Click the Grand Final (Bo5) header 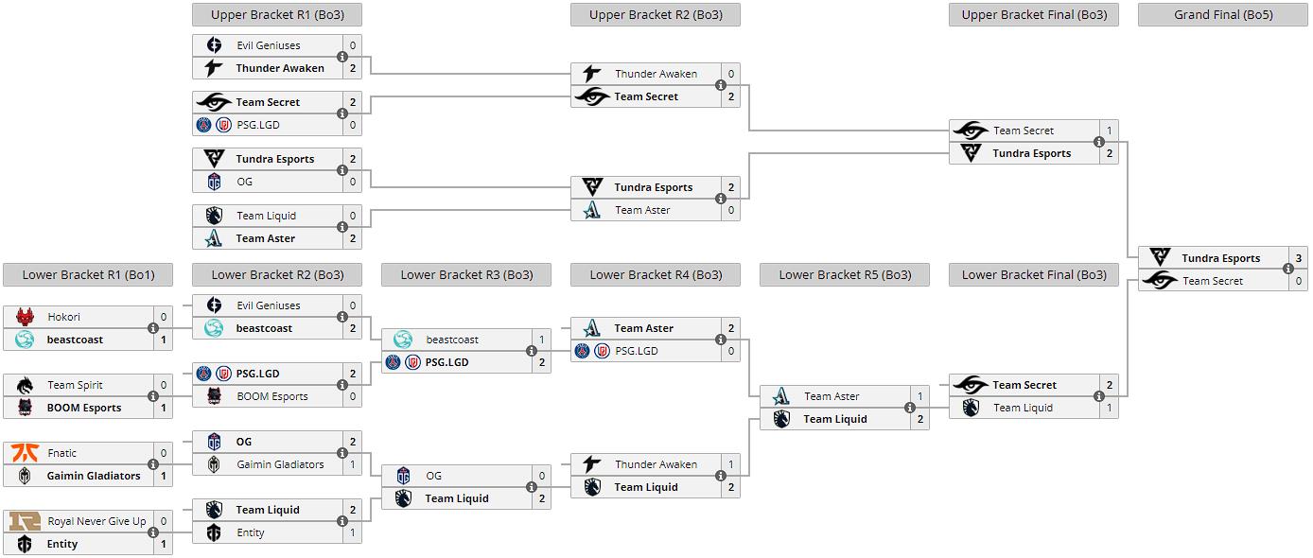coord(1222,14)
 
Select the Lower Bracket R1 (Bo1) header coord(88,275)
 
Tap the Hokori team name coord(64,317)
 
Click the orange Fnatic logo coord(25,453)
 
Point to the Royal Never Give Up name coord(97,521)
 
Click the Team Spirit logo coord(25,385)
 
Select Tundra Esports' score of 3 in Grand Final coord(1299,258)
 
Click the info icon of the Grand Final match coord(1288,270)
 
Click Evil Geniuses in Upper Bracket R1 coord(268,45)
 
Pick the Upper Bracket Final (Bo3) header coord(1033,14)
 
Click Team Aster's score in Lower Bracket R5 coord(920,396)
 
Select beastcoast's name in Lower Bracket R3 coord(452,340)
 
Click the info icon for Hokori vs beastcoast coord(153,328)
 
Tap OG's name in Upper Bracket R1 coord(244,182)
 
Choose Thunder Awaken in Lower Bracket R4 coord(656,464)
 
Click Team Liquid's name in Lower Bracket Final coord(1023,408)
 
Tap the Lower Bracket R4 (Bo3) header coord(656,275)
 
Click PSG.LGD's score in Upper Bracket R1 coord(353,125)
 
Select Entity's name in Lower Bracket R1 coord(62,544)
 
